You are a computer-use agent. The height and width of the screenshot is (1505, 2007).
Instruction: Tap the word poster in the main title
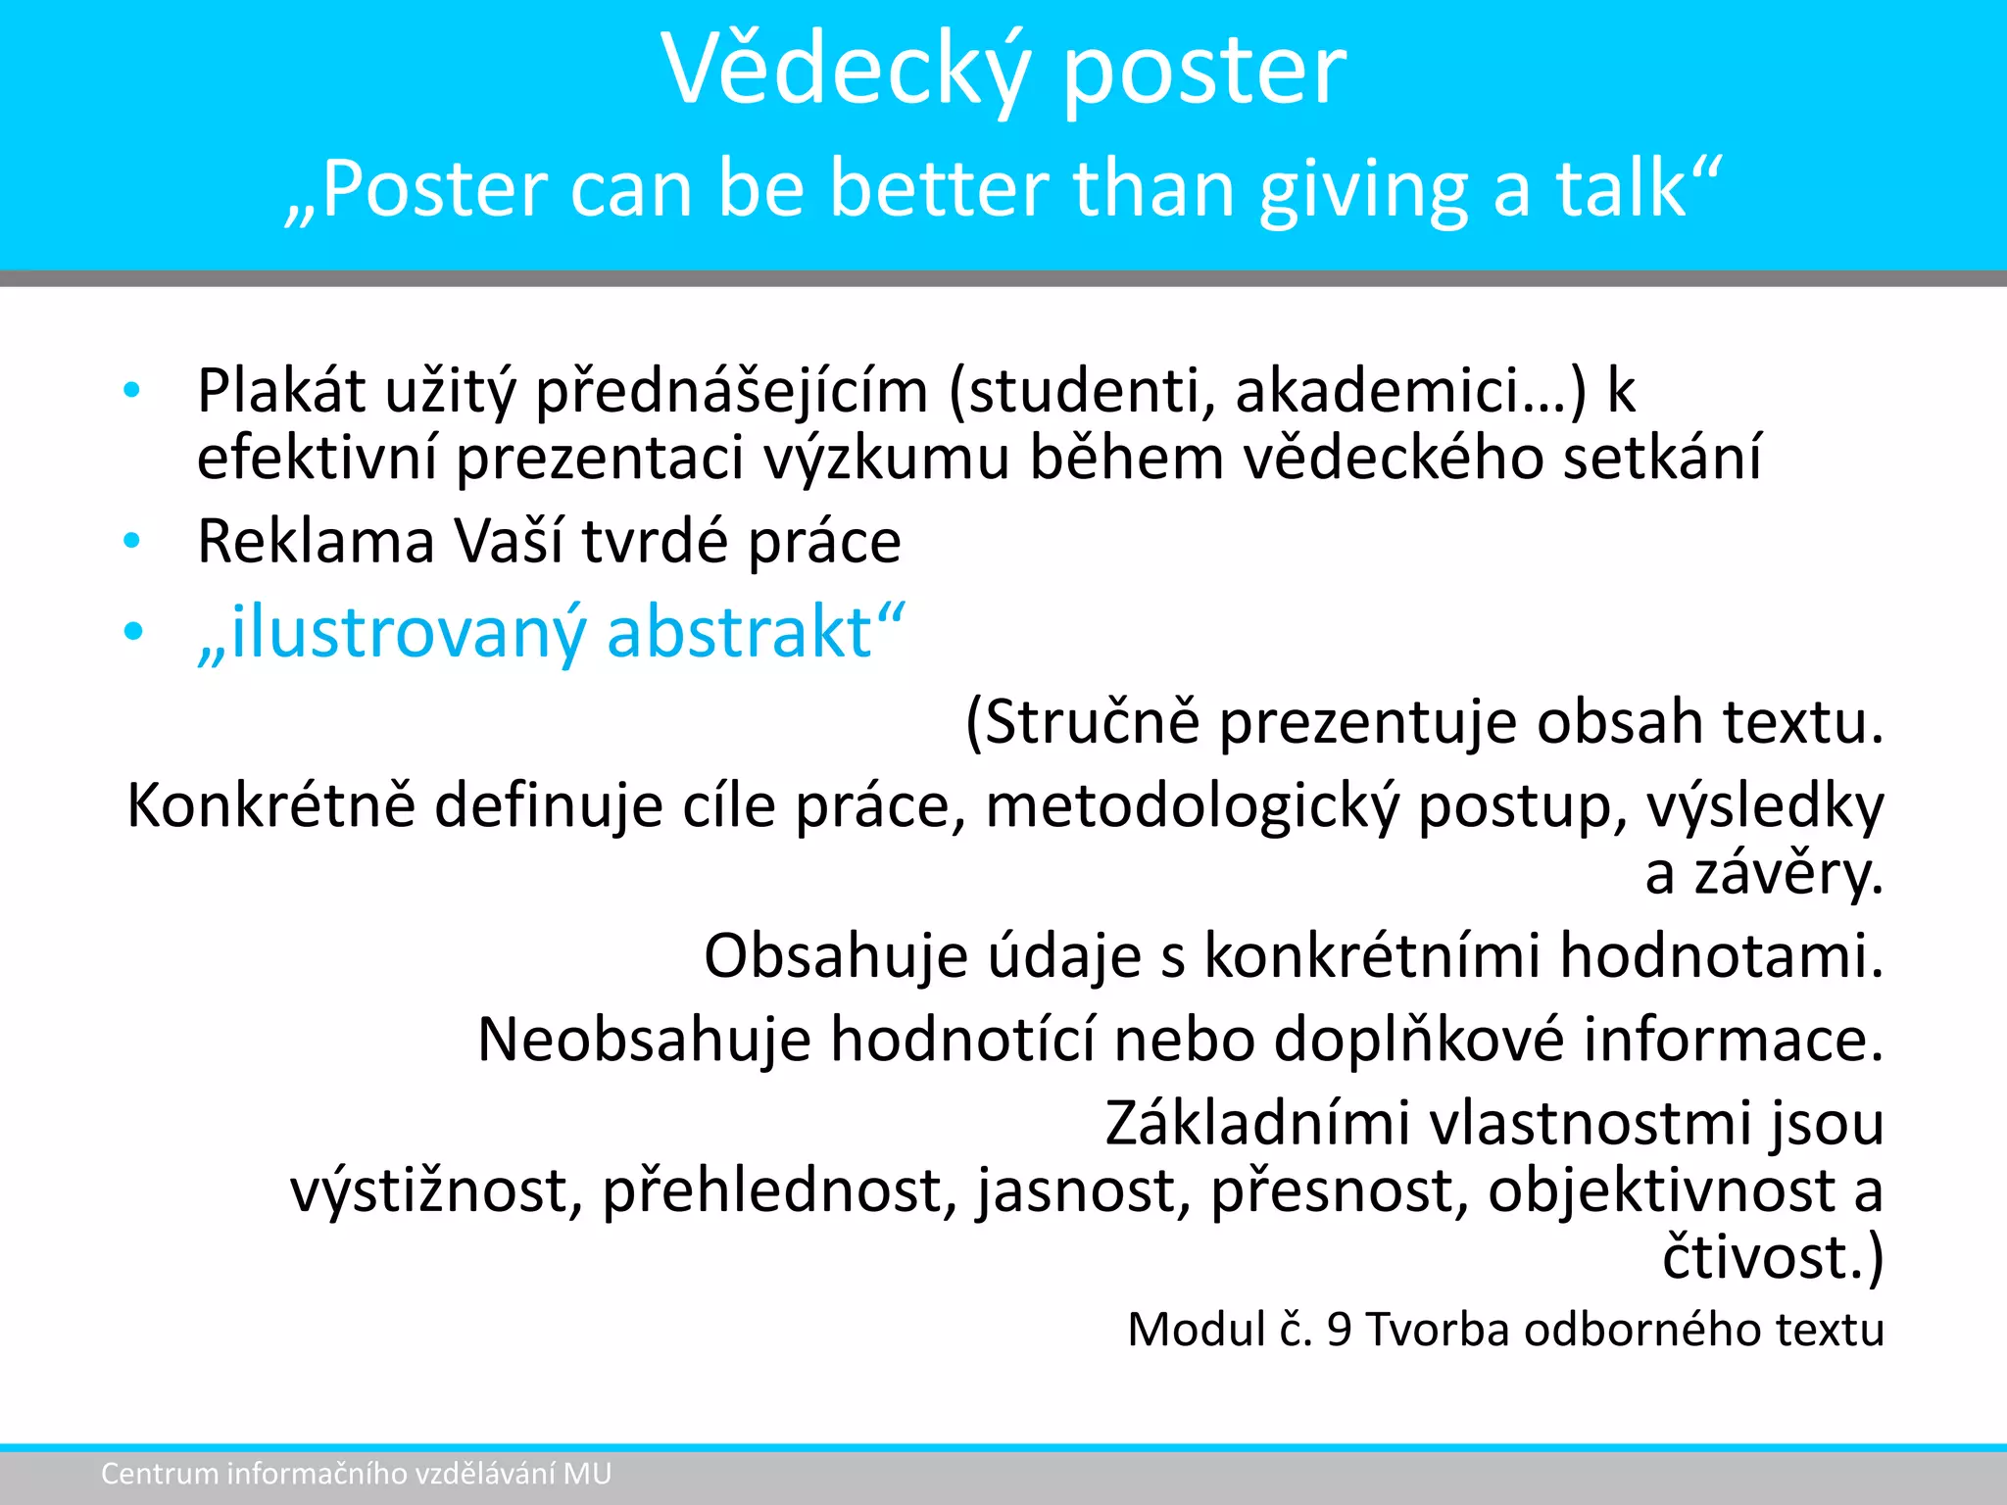coord(1204,71)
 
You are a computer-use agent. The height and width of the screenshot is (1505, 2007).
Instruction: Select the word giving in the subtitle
coord(1363,190)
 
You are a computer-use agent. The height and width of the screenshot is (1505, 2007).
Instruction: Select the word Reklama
coord(316,541)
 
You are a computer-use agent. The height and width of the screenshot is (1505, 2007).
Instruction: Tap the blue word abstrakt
coord(740,631)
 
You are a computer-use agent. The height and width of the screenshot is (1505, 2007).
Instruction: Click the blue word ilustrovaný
coord(408,633)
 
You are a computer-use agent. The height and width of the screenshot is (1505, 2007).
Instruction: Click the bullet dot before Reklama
coord(132,541)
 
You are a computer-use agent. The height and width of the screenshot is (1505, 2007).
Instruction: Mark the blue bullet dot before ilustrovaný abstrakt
coord(132,632)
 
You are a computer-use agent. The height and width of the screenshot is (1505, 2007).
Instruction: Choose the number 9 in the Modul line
coord(1339,1331)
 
